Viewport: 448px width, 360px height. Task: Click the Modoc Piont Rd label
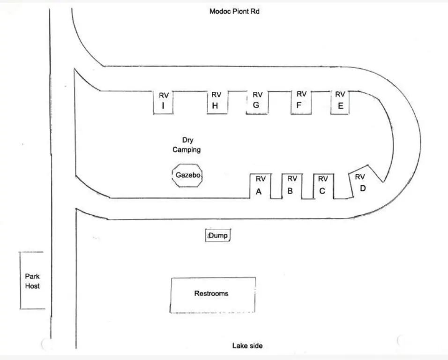[x=234, y=11]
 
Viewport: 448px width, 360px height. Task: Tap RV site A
[x=260, y=186]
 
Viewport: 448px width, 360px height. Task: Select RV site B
[x=291, y=186]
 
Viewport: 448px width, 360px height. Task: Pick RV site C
[x=323, y=186]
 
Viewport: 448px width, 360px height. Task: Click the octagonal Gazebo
[x=187, y=175]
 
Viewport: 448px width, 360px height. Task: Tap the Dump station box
[x=218, y=235]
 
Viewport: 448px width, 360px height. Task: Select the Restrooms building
[x=213, y=295]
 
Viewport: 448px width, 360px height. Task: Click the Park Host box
[x=32, y=280]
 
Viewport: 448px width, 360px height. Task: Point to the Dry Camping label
[x=187, y=145]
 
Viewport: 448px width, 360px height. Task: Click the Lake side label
[x=247, y=346]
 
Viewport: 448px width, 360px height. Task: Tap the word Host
[x=32, y=286]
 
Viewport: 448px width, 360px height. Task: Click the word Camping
[x=187, y=150]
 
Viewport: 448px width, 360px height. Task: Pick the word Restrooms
[x=211, y=293]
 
